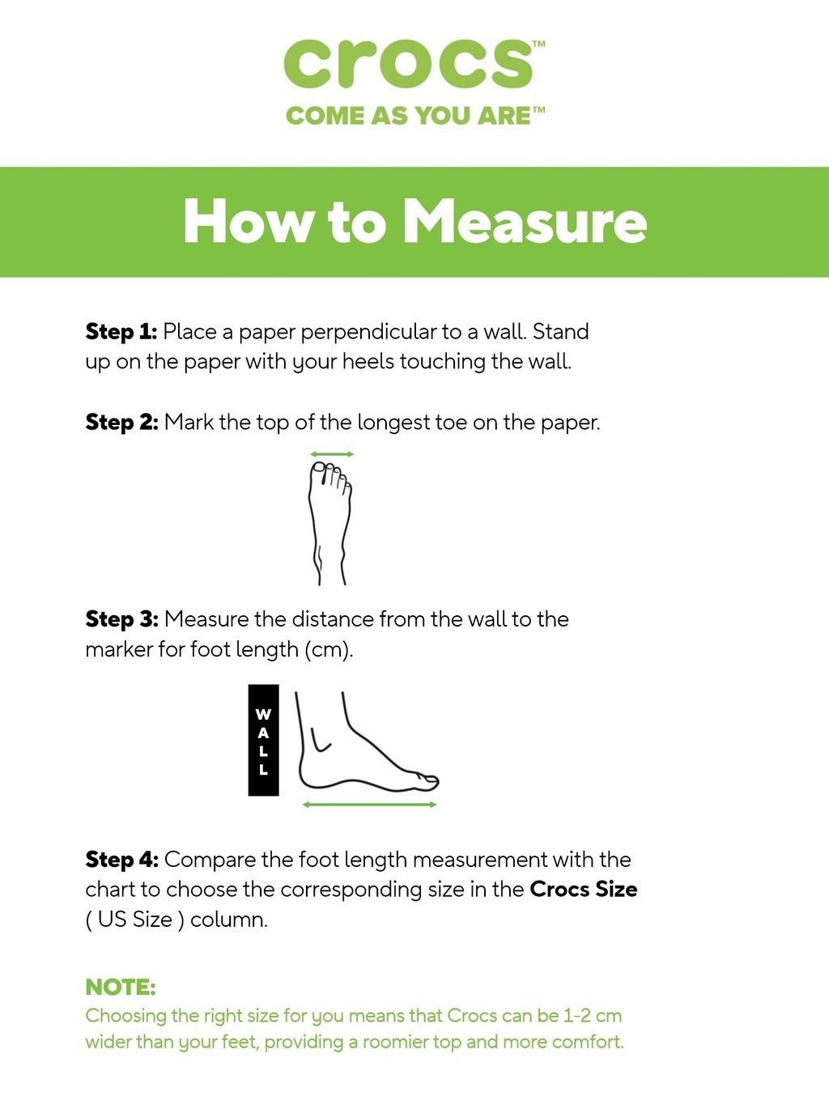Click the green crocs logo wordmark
pyautogui.click(x=409, y=65)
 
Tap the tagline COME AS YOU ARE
pyautogui.click(x=409, y=116)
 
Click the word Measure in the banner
pyautogui.click(x=525, y=222)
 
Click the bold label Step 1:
pyautogui.click(x=121, y=332)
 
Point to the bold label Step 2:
pyautogui.click(x=121, y=422)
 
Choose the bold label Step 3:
pyautogui.click(x=121, y=618)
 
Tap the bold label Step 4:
pyautogui.click(x=121, y=860)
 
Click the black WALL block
pyautogui.click(x=263, y=740)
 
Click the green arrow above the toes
pyautogui.click(x=332, y=454)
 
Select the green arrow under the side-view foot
pyautogui.click(x=369, y=805)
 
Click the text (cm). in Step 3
pyautogui.click(x=329, y=650)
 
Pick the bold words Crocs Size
pyautogui.click(x=584, y=890)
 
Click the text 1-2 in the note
pyautogui.click(x=576, y=1016)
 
